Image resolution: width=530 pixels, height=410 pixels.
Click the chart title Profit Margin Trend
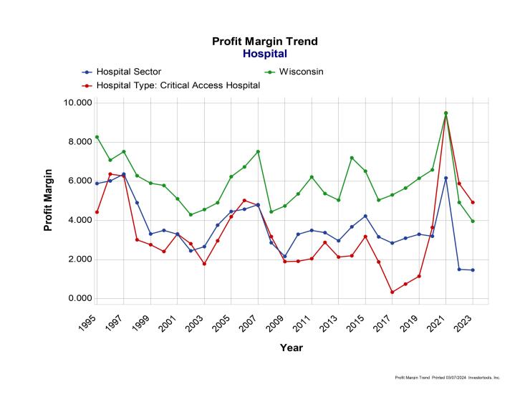tap(264, 42)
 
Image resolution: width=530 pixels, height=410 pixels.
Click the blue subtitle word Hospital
tap(264, 54)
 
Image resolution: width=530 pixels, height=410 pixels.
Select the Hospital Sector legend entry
tap(129, 72)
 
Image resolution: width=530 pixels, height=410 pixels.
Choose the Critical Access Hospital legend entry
tap(178, 85)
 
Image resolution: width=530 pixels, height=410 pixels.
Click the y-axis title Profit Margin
tap(49, 200)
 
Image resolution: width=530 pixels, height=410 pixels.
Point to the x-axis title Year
tap(291, 348)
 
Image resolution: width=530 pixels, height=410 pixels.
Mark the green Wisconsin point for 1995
tap(97, 137)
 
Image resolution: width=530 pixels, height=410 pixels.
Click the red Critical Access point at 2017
tap(392, 292)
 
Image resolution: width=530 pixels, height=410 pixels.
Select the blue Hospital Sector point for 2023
tap(472, 270)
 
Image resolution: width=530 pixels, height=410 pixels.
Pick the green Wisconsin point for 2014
tap(352, 158)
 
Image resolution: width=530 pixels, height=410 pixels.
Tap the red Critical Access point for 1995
tap(97, 212)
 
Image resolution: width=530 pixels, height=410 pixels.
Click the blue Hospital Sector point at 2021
tap(445, 178)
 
